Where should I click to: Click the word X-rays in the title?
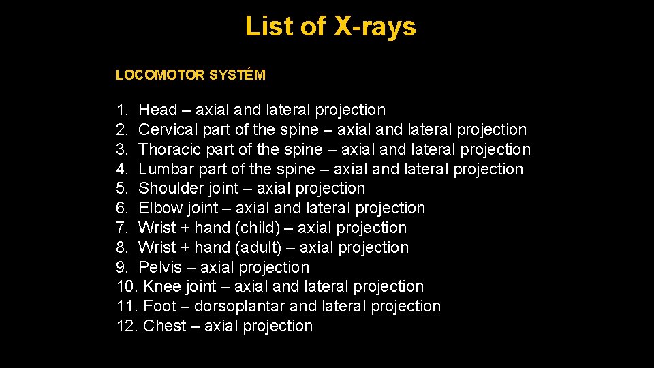tap(375, 27)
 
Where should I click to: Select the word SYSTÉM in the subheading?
tap(237, 75)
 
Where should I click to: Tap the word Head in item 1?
tap(158, 110)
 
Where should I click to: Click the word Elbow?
tap(159, 208)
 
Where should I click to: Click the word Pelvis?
tap(159, 267)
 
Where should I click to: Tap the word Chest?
tap(164, 326)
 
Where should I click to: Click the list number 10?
tap(126, 286)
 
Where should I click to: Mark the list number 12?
tap(126, 326)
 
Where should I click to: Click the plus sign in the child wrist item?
tap(185, 228)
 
